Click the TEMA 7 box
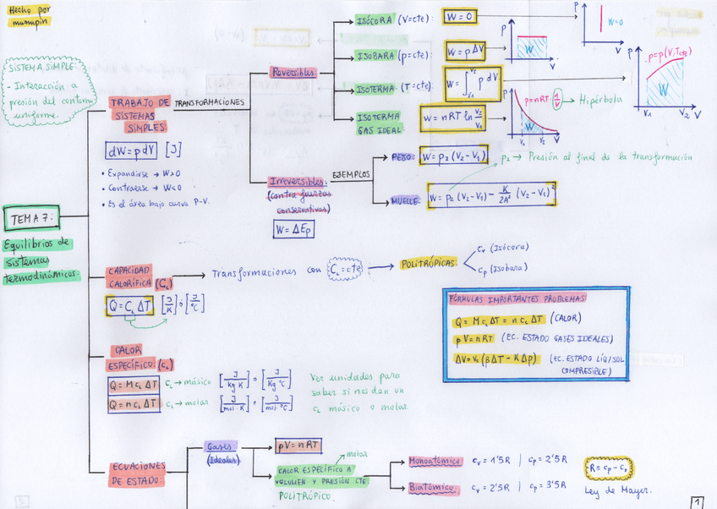[30, 220]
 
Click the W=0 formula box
[462, 18]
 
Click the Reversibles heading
[293, 73]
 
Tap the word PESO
[402, 157]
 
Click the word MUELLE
[404, 201]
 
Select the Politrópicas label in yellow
[428, 264]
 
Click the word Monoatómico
[435, 462]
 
